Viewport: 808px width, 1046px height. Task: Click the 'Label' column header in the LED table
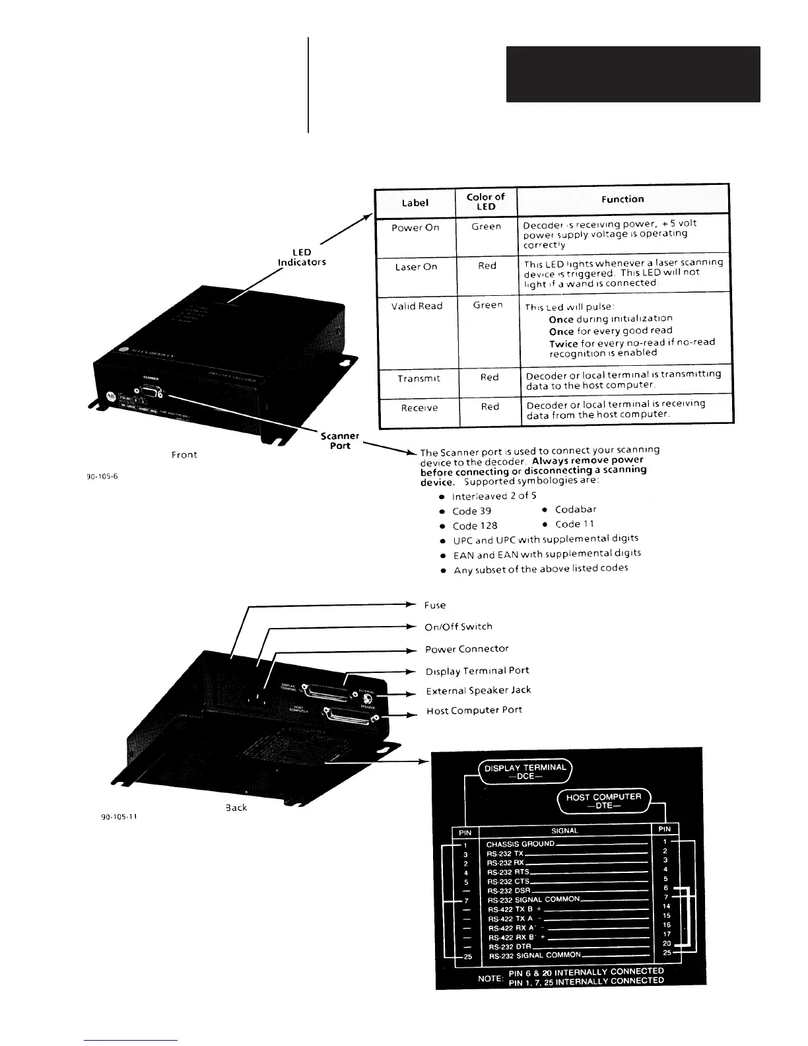415,203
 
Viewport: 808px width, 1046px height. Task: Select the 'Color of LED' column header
486,201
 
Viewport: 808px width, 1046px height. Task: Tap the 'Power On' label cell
415,228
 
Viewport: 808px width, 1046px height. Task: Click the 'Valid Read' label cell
417,306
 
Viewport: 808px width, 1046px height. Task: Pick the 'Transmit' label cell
419,378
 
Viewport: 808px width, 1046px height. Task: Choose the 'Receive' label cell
419,408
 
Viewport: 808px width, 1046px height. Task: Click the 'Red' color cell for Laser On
487,265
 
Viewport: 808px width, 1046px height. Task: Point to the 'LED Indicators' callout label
302,257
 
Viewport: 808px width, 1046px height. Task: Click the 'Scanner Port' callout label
340,440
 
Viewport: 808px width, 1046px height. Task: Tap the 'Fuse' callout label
435,605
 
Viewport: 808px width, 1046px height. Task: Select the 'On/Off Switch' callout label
458,627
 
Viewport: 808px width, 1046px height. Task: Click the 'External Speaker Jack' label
478,691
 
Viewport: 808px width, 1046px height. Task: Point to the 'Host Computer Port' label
474,711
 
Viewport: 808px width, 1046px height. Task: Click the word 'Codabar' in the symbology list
576,509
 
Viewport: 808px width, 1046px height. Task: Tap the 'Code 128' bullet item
475,526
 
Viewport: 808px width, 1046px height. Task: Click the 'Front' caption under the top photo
184,454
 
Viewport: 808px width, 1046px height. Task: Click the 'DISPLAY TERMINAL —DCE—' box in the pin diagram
525,771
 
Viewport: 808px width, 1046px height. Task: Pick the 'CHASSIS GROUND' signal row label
520,844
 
